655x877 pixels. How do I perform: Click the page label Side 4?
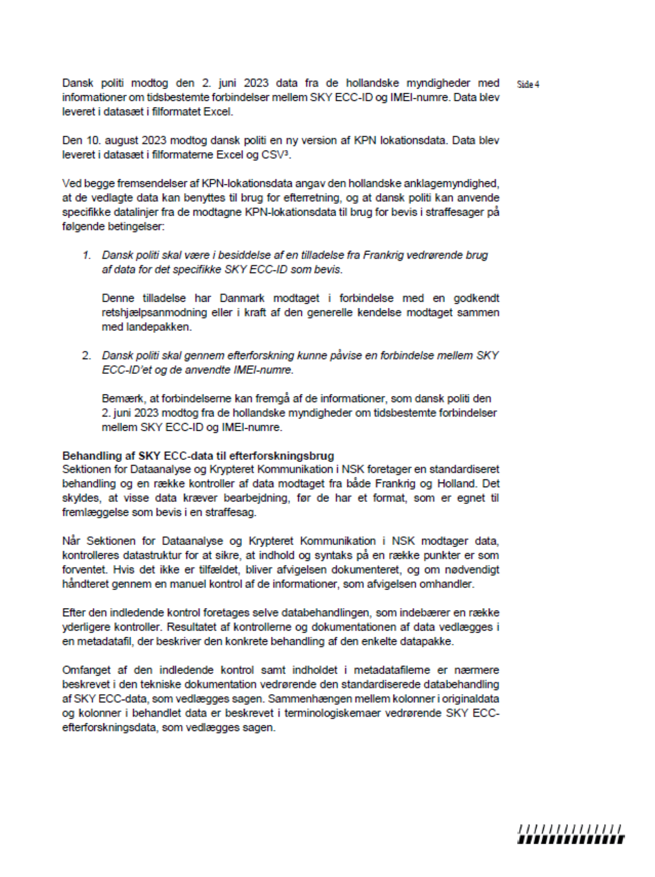click(x=528, y=85)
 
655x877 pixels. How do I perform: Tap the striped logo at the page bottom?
click(x=571, y=835)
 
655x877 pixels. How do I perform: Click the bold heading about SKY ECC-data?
click(x=198, y=456)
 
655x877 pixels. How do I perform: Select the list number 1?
click(x=87, y=255)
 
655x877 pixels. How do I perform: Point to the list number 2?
click(x=87, y=356)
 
